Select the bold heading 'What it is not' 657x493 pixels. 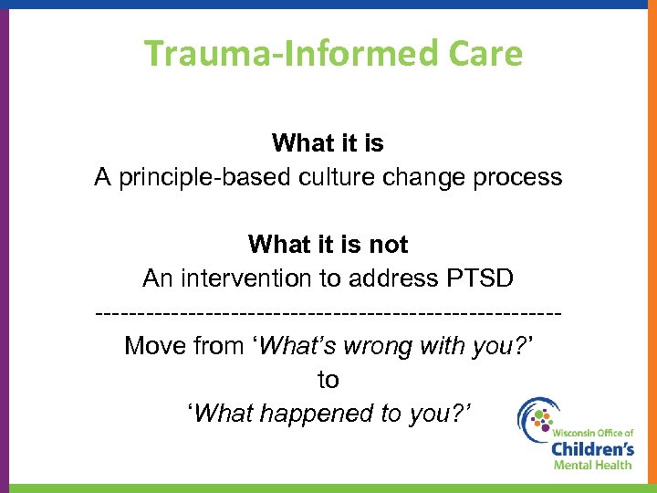(328, 245)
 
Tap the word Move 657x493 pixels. (156, 346)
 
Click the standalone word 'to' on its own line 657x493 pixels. (328, 380)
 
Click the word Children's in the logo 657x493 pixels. (591, 448)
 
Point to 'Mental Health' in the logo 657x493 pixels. (591, 465)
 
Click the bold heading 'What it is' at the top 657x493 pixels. (328, 143)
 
